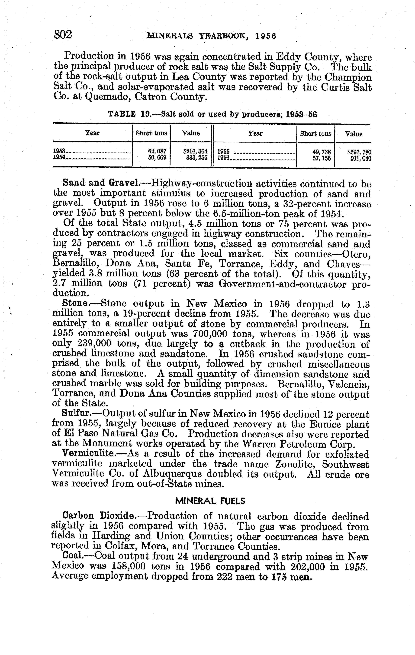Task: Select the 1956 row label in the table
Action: coord(224,158)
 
